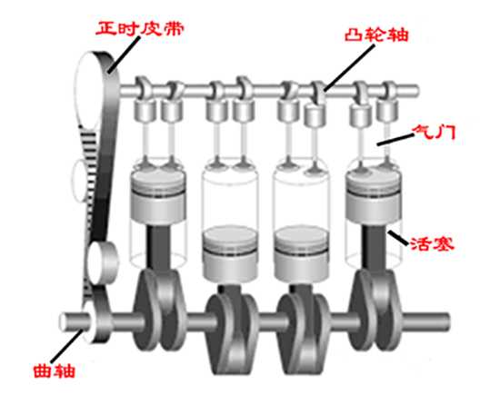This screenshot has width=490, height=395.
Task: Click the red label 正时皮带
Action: pos(140,28)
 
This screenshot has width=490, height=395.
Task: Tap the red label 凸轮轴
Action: pos(376,35)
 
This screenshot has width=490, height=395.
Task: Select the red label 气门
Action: pos(434,133)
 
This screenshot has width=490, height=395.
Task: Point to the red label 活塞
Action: pos(432,243)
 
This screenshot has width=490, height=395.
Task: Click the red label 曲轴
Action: pos(55,371)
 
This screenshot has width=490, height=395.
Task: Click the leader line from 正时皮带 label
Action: pos(124,55)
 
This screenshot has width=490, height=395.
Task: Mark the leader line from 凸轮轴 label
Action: pos(349,67)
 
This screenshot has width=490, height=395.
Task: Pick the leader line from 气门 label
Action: pos(395,140)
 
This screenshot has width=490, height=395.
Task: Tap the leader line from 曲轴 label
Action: pos(67,346)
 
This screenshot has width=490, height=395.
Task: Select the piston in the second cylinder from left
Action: pos(231,253)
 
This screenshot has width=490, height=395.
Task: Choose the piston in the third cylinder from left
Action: pos(302,253)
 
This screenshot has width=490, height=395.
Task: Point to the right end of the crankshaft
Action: pos(449,321)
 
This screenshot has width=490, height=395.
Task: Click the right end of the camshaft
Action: pos(416,91)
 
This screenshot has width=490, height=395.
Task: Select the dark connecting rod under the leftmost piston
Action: pos(159,247)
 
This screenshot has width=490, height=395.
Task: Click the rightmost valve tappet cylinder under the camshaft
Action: pos(387,111)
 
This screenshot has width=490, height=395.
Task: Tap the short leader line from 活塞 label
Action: pos(398,238)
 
